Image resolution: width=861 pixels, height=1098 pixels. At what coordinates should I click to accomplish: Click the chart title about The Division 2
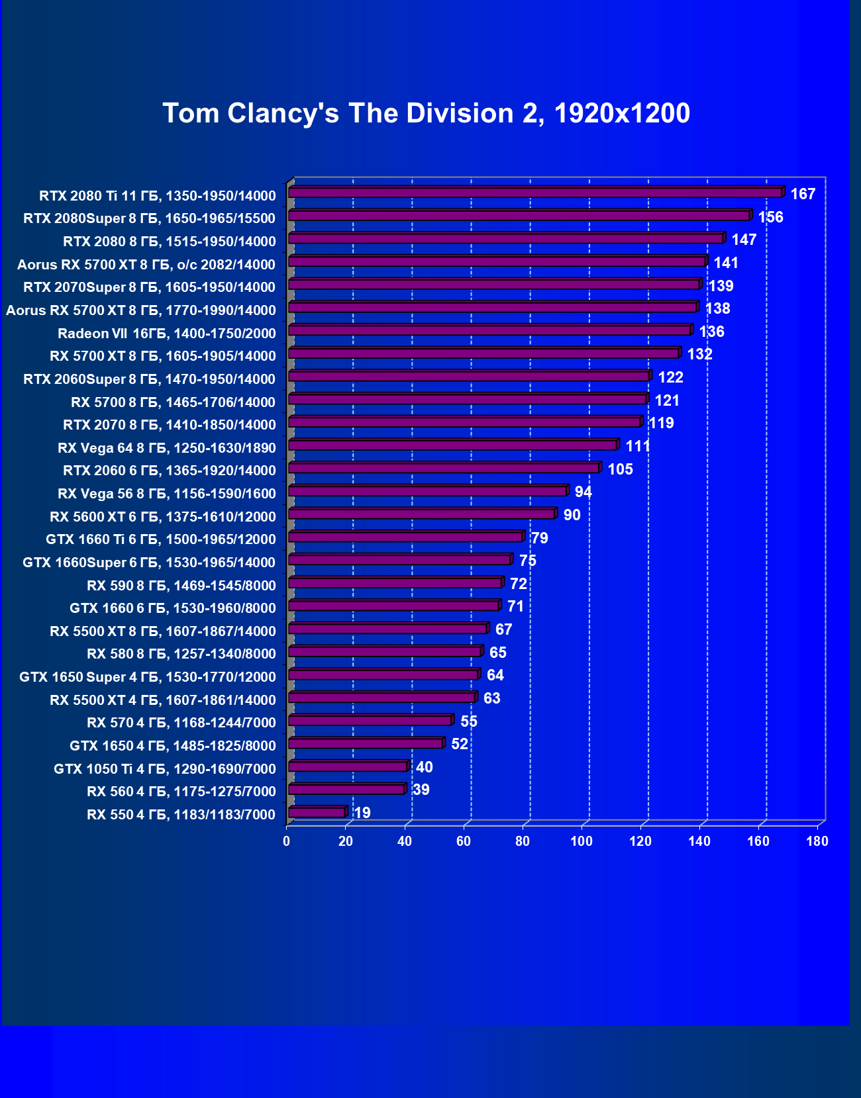pyautogui.click(x=427, y=113)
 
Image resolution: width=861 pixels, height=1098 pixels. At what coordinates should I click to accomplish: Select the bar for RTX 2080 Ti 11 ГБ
pyautogui.click(x=535, y=193)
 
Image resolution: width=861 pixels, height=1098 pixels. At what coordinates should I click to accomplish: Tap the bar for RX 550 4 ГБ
pyautogui.click(x=317, y=812)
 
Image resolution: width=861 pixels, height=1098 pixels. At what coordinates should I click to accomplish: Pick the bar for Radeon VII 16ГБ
pyautogui.click(x=490, y=330)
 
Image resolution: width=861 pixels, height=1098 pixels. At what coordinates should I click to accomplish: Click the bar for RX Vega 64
pyautogui.click(x=453, y=445)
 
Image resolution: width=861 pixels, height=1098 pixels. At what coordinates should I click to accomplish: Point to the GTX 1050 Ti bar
pyautogui.click(x=348, y=766)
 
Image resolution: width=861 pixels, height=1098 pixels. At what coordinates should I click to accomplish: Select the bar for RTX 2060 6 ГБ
pyautogui.click(x=444, y=468)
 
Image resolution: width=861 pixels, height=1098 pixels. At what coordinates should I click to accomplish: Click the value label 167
pyautogui.click(x=803, y=194)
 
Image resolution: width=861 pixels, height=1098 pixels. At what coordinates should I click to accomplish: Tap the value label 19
pyautogui.click(x=362, y=813)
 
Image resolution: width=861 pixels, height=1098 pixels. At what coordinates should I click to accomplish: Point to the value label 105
pyautogui.click(x=620, y=469)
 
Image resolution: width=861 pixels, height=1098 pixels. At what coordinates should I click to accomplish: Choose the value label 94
pyautogui.click(x=583, y=492)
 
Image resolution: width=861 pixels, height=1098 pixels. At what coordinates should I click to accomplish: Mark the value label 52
pyautogui.click(x=459, y=744)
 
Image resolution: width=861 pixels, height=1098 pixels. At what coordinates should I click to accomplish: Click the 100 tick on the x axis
pyautogui.click(x=582, y=841)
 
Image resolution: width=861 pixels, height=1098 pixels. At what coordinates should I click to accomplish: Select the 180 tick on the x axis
pyautogui.click(x=817, y=841)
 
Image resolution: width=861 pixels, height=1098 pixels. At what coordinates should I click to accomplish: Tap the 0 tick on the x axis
pyautogui.click(x=287, y=841)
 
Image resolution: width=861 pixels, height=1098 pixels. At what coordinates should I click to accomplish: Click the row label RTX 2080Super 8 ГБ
pyautogui.click(x=149, y=218)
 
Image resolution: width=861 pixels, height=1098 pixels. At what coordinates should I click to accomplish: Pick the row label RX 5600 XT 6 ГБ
pyautogui.click(x=162, y=516)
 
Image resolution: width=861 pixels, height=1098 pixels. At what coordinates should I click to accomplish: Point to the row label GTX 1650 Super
pyautogui.click(x=147, y=676)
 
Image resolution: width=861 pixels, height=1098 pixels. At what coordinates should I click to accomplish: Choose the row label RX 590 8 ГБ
pyautogui.click(x=181, y=585)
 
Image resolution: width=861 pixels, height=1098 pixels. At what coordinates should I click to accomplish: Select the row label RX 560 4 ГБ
pyautogui.click(x=181, y=792)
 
